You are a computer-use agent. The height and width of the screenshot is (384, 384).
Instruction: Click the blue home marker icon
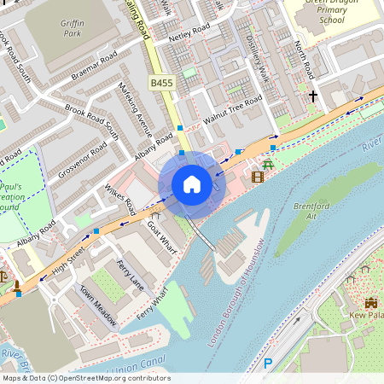click(x=192, y=183)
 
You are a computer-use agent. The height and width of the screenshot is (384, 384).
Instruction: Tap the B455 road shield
click(x=161, y=83)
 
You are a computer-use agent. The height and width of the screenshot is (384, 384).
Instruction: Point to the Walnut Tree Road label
click(x=233, y=111)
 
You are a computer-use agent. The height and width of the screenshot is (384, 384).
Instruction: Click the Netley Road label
click(x=189, y=36)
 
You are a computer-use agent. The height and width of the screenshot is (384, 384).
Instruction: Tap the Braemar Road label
click(x=94, y=66)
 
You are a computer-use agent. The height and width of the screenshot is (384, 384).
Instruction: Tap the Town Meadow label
click(x=97, y=305)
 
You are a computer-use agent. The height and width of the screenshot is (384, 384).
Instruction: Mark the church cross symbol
click(x=313, y=96)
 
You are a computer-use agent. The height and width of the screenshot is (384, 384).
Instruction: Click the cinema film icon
click(x=258, y=177)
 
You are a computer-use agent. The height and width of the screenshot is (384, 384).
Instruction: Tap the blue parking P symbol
click(x=267, y=364)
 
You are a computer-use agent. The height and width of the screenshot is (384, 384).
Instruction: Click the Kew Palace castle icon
click(x=371, y=303)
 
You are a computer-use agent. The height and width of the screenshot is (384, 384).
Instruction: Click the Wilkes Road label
click(x=119, y=198)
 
